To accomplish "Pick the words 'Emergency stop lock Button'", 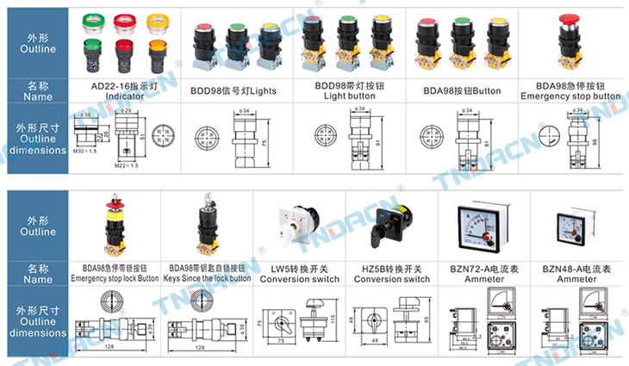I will tap(115, 278).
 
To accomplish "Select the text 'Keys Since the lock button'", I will tap(206, 278).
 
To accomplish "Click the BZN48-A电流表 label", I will tap(576, 268).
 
